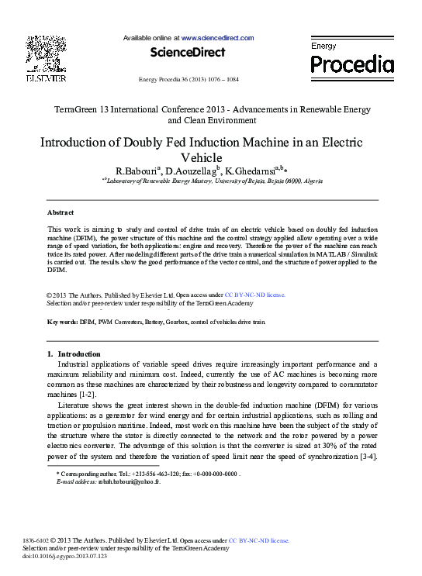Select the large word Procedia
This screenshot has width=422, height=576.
(352, 64)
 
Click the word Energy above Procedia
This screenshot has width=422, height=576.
(323, 47)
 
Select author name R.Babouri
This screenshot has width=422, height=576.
(136, 170)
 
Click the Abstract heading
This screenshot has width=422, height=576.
(61, 212)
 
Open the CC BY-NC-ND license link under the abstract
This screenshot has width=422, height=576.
(255, 295)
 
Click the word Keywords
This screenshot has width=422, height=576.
(62, 321)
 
